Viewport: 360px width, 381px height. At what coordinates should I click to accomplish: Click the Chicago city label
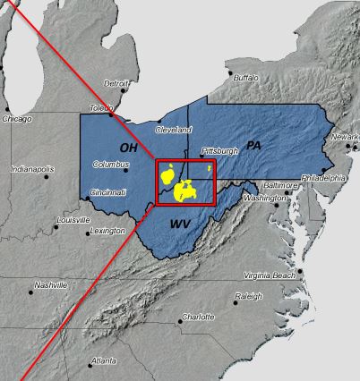(x=16, y=118)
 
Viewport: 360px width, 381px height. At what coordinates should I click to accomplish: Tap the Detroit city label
(x=116, y=83)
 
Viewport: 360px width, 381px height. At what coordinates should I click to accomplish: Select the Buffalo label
(x=246, y=78)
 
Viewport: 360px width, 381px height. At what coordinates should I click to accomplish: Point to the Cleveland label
(x=174, y=130)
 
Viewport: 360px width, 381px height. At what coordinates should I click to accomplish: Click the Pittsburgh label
(x=219, y=151)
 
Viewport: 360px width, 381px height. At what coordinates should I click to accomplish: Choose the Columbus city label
(x=113, y=165)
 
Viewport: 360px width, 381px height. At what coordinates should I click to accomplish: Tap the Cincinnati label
(x=108, y=192)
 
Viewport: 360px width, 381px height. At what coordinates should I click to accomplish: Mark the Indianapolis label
(x=32, y=168)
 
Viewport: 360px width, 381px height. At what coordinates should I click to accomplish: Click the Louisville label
(x=73, y=220)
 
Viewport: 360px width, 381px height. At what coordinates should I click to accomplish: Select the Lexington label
(x=107, y=231)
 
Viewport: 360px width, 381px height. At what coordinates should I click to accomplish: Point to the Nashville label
(x=51, y=285)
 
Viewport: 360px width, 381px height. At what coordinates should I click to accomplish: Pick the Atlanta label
(x=103, y=361)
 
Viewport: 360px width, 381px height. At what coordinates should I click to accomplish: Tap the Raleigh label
(x=249, y=296)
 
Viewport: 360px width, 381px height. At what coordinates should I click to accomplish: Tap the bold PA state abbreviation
(x=253, y=144)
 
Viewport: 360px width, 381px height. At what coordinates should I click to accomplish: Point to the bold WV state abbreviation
(x=179, y=224)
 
